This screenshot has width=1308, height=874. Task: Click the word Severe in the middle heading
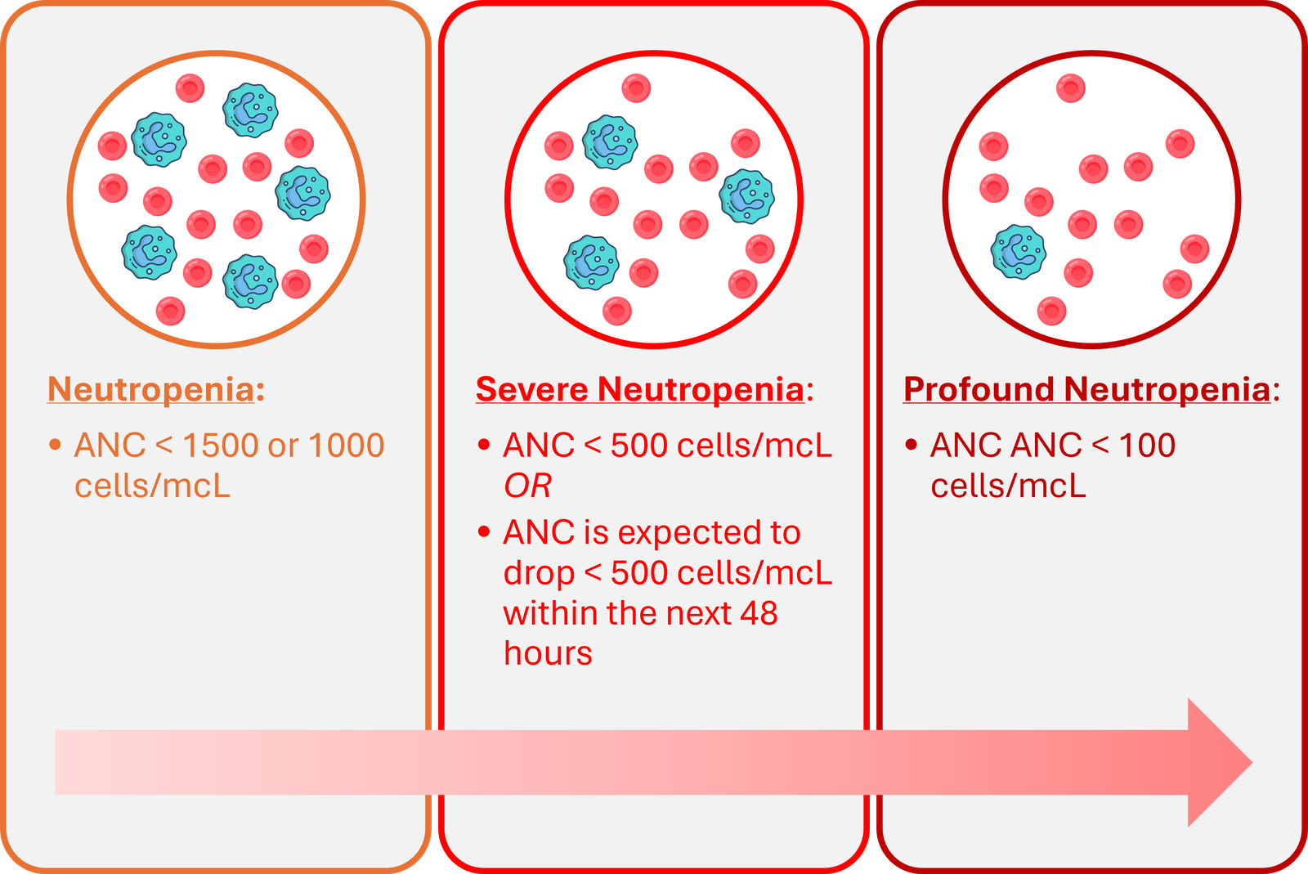[x=532, y=389]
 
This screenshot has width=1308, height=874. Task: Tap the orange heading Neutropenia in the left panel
[x=151, y=389]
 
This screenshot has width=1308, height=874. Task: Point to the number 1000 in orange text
[x=346, y=446]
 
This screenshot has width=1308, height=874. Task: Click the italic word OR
[x=527, y=486]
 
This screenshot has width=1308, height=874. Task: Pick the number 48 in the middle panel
[x=759, y=613]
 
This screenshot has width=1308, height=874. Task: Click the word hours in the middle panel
[x=548, y=653]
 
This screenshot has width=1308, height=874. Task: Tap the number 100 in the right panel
[x=1147, y=446]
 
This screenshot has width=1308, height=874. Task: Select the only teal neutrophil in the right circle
[x=1018, y=252]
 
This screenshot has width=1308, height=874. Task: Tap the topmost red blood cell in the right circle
[x=1071, y=88]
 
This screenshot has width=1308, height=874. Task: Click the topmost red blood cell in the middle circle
[x=636, y=88]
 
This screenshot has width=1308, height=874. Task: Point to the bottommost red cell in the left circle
[x=170, y=311]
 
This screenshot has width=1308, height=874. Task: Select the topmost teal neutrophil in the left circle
[x=250, y=110]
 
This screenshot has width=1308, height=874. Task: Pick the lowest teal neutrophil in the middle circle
[x=591, y=262]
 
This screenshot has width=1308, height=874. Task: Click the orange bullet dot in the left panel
[x=55, y=445]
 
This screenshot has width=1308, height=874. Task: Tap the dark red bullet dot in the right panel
[x=912, y=445]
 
